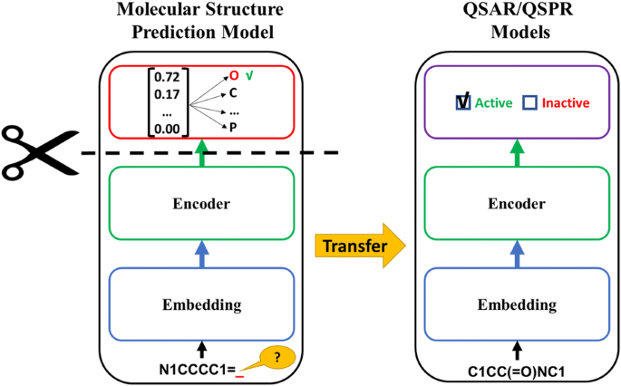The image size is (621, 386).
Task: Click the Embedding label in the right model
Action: (516, 304)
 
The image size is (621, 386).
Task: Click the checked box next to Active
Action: (463, 102)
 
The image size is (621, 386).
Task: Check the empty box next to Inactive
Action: (529, 103)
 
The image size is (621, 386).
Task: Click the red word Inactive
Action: (567, 103)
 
